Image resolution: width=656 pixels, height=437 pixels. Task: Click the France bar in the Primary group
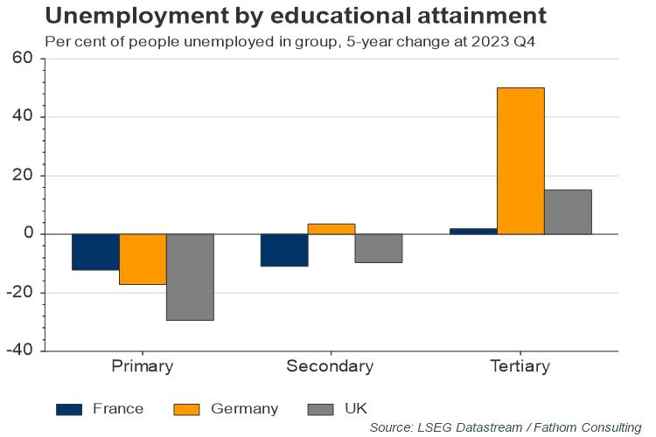[95, 252]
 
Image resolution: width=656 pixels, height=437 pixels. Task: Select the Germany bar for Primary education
[143, 259]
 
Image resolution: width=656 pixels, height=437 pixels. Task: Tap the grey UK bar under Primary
[190, 277]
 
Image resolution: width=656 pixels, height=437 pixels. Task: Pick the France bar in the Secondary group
[284, 250]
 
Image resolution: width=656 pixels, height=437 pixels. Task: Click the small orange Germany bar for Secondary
[331, 229]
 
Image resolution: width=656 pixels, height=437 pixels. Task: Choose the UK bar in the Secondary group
[379, 248]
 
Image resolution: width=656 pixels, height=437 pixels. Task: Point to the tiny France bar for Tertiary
[473, 232]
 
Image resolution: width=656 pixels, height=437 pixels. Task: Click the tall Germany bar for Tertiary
[520, 161]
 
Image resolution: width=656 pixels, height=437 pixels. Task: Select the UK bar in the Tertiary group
[568, 212]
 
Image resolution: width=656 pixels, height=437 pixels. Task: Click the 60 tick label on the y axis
[23, 59]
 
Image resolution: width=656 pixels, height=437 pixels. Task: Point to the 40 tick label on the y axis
[23, 117]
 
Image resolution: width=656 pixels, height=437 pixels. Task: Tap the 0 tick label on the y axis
[28, 234]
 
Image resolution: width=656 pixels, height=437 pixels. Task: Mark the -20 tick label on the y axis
[19, 293]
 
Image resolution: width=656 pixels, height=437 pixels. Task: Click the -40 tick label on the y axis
[19, 350]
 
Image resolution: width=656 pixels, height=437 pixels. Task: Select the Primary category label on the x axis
[143, 366]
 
